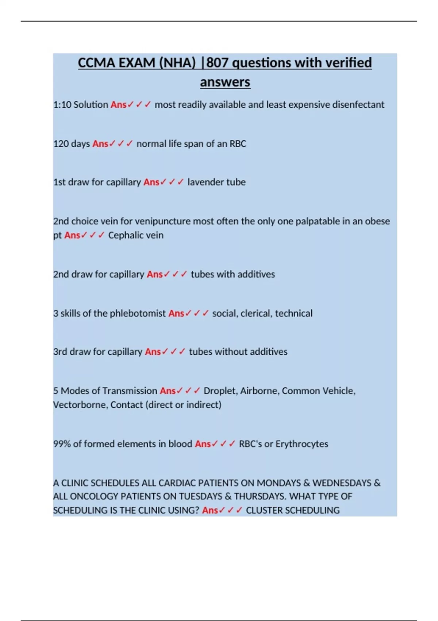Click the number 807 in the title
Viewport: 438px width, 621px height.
[x=218, y=63]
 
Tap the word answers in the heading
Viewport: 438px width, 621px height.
[x=225, y=82]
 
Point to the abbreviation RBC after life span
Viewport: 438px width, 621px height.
[x=238, y=144]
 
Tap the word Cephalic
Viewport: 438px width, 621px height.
[x=123, y=235]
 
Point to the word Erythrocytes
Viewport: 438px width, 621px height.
[x=301, y=444]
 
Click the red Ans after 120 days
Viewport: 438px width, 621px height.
[x=100, y=144]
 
